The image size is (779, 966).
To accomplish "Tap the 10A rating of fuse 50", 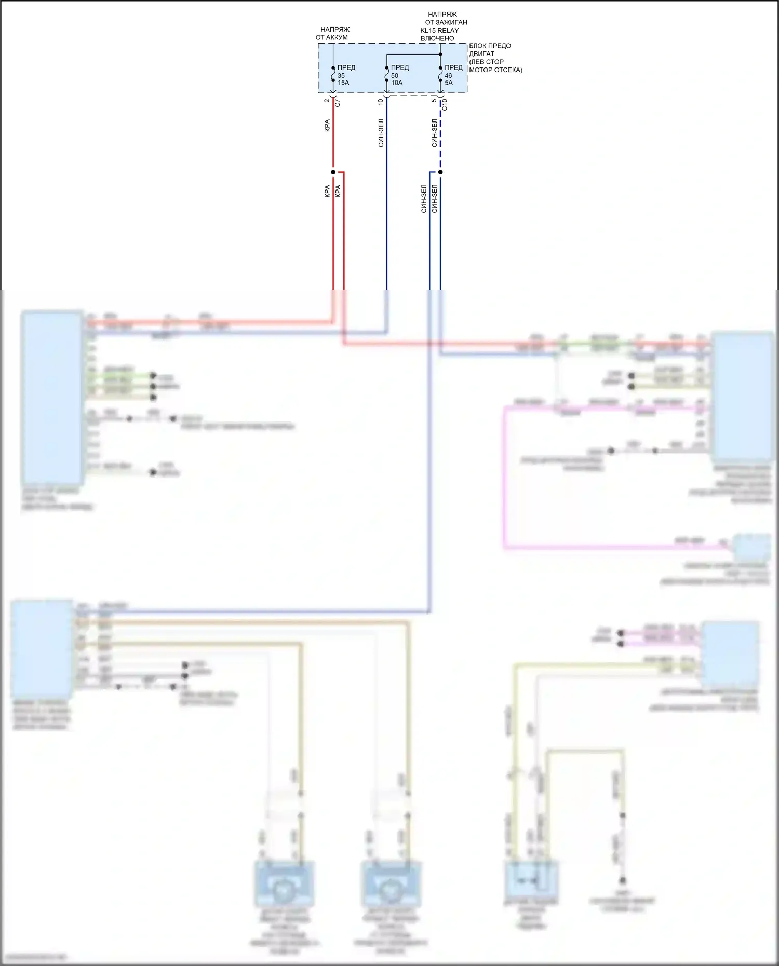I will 397,83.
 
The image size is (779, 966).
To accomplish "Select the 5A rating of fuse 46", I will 449,83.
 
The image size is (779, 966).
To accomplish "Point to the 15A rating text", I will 343,83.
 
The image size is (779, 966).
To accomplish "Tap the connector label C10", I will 445,105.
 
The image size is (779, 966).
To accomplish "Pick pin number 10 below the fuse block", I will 381,102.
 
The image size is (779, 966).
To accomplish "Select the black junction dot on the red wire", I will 333,172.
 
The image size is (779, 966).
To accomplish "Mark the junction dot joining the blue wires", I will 440,172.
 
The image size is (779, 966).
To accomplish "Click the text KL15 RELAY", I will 439,30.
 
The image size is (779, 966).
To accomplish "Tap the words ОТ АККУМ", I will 332,37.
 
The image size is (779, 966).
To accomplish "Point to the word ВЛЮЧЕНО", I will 437,38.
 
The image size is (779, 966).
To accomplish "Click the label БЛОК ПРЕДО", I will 490,46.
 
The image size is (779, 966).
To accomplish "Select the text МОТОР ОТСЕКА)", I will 495,70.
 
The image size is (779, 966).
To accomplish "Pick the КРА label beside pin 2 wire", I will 327,125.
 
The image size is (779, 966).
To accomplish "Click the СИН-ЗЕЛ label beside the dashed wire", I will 434,133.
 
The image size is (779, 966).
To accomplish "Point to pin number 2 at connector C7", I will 327,101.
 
